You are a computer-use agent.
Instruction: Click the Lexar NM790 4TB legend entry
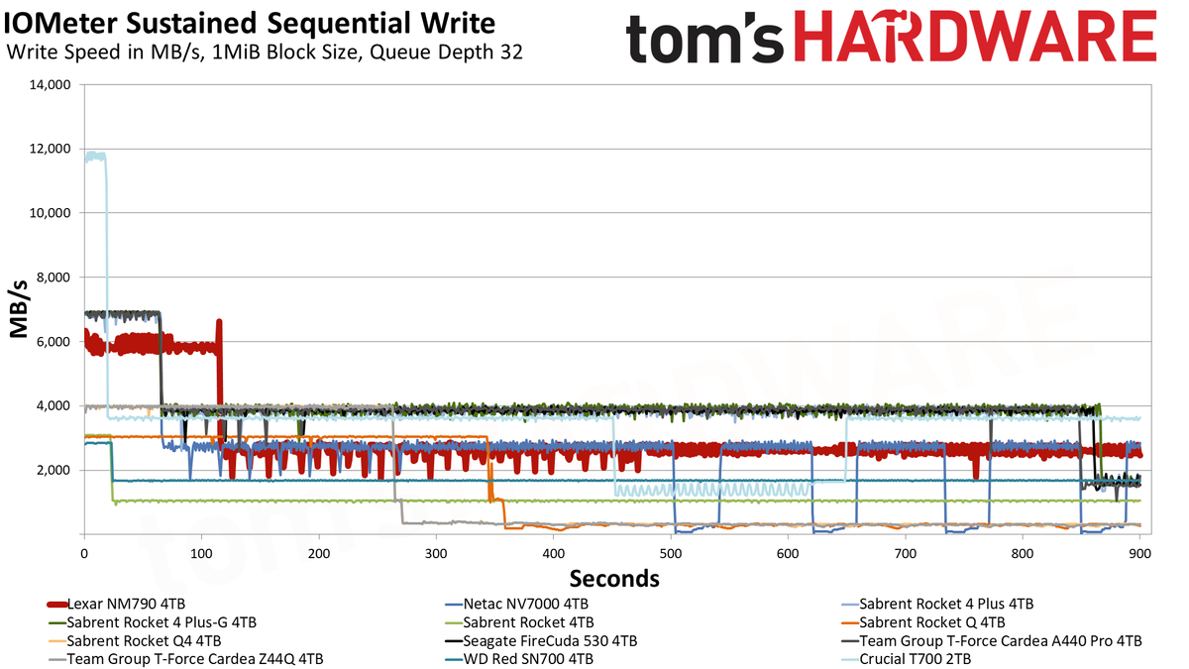[x=116, y=605]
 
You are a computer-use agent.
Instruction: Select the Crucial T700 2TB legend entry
[x=907, y=659]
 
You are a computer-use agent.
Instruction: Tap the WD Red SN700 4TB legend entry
[x=519, y=659]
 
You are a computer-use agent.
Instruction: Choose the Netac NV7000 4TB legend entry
[x=517, y=605]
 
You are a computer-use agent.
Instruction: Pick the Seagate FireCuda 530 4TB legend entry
[x=541, y=641]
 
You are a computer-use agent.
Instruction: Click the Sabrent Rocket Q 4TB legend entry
[x=923, y=622]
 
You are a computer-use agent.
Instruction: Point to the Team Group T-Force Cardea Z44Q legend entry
[x=185, y=659]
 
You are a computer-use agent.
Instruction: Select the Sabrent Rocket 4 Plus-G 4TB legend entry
[x=152, y=622]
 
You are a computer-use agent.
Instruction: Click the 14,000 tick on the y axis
[x=49, y=85]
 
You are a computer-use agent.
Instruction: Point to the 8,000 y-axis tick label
[x=52, y=278]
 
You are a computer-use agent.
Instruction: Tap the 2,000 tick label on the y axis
[x=52, y=471]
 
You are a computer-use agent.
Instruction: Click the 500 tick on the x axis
[x=671, y=554]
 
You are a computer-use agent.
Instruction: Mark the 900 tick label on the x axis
[x=1139, y=554]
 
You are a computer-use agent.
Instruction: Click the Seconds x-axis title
[x=614, y=579]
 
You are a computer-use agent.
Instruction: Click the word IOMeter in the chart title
[x=61, y=24]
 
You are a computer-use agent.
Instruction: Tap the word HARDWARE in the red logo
[x=976, y=38]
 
